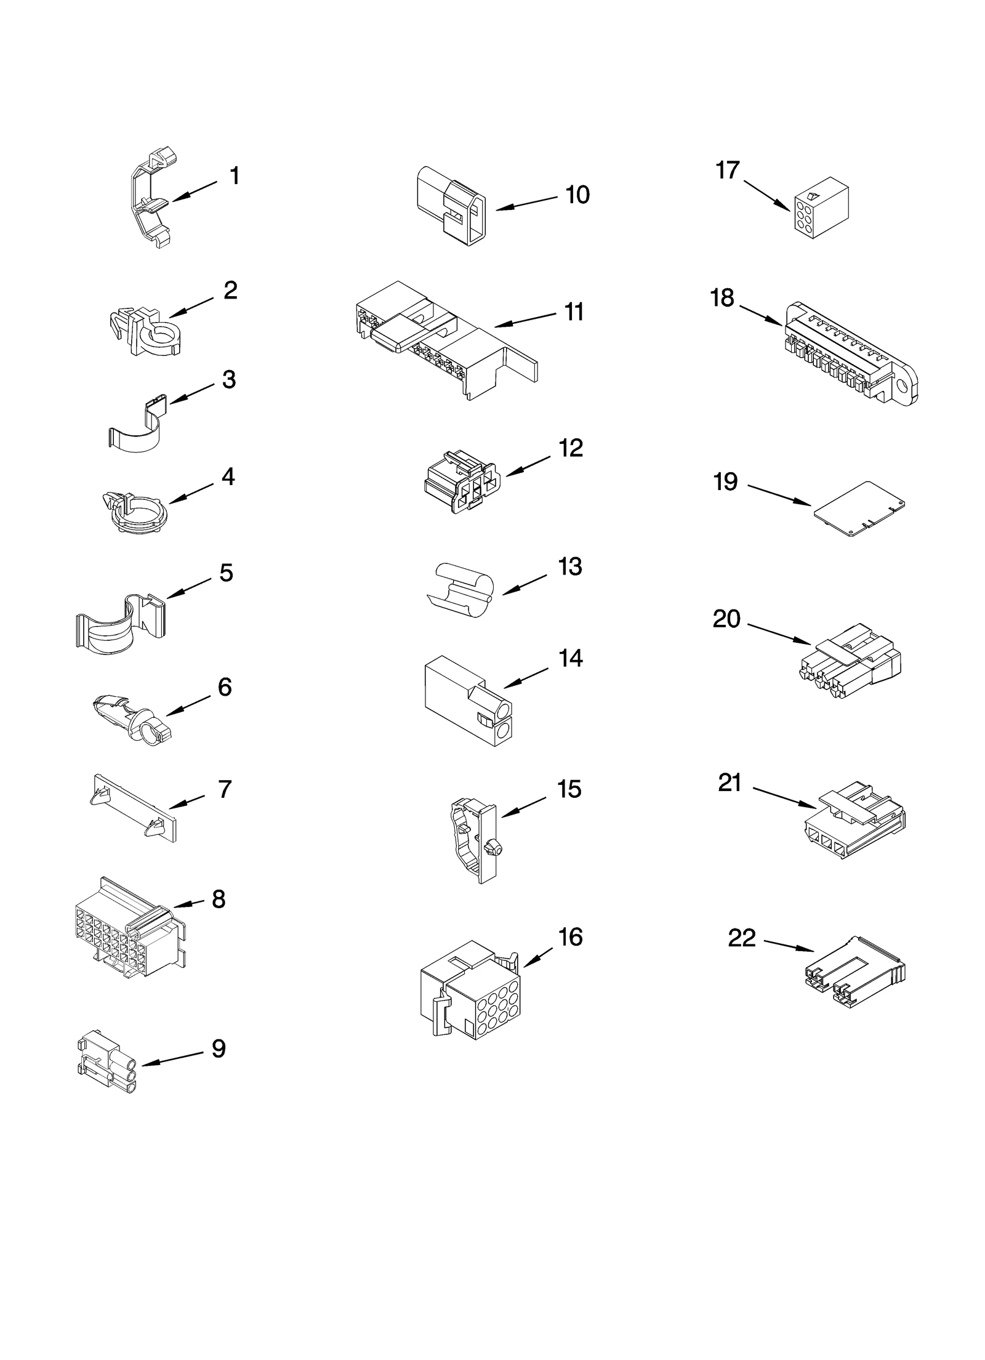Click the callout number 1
pyautogui.click(x=235, y=177)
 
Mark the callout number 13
pyautogui.click(x=569, y=566)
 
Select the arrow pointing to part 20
pyautogui.click(x=779, y=635)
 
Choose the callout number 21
pyautogui.click(x=730, y=783)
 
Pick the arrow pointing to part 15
pyautogui.click(x=523, y=807)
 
